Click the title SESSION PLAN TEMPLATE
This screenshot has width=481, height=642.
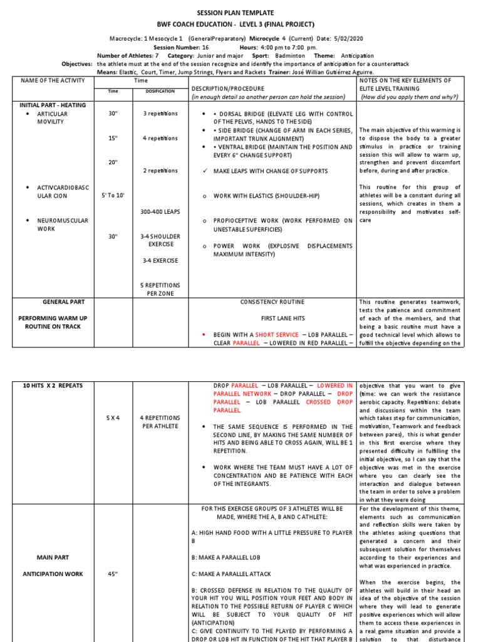pos(240,13)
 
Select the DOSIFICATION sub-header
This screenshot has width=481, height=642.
pos(160,92)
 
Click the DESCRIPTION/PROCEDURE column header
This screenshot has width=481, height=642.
pos(227,88)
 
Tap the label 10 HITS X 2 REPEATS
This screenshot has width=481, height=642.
pos(49,384)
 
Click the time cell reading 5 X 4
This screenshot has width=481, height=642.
pos(113,418)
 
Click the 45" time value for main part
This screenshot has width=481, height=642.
pos(113,572)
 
